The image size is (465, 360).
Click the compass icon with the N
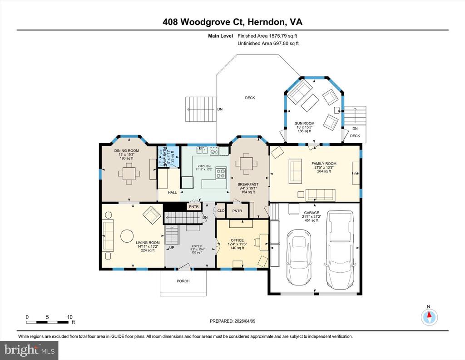pyautogui.click(x=429, y=317)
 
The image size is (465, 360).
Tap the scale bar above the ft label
pyautogui.click(x=47, y=322)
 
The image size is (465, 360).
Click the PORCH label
pyautogui.click(x=183, y=281)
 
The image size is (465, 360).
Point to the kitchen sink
pyautogui.click(x=203, y=150)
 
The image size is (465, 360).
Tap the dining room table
pyautogui.click(x=129, y=173)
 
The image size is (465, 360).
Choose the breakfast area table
pyautogui.click(x=247, y=164)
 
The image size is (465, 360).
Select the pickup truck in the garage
pyautogui.click(x=340, y=249)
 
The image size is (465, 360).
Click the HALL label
pyautogui.click(x=172, y=192)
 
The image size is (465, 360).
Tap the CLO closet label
pyautogui.click(x=221, y=211)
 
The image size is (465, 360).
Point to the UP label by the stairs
pyautogui.click(x=172, y=248)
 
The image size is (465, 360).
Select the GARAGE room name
pyautogui.click(x=312, y=212)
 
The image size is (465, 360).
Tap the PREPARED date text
pyautogui.click(x=232, y=321)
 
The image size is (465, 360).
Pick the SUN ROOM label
pyautogui.click(x=305, y=124)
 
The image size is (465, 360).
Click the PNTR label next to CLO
pyautogui.click(x=237, y=211)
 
